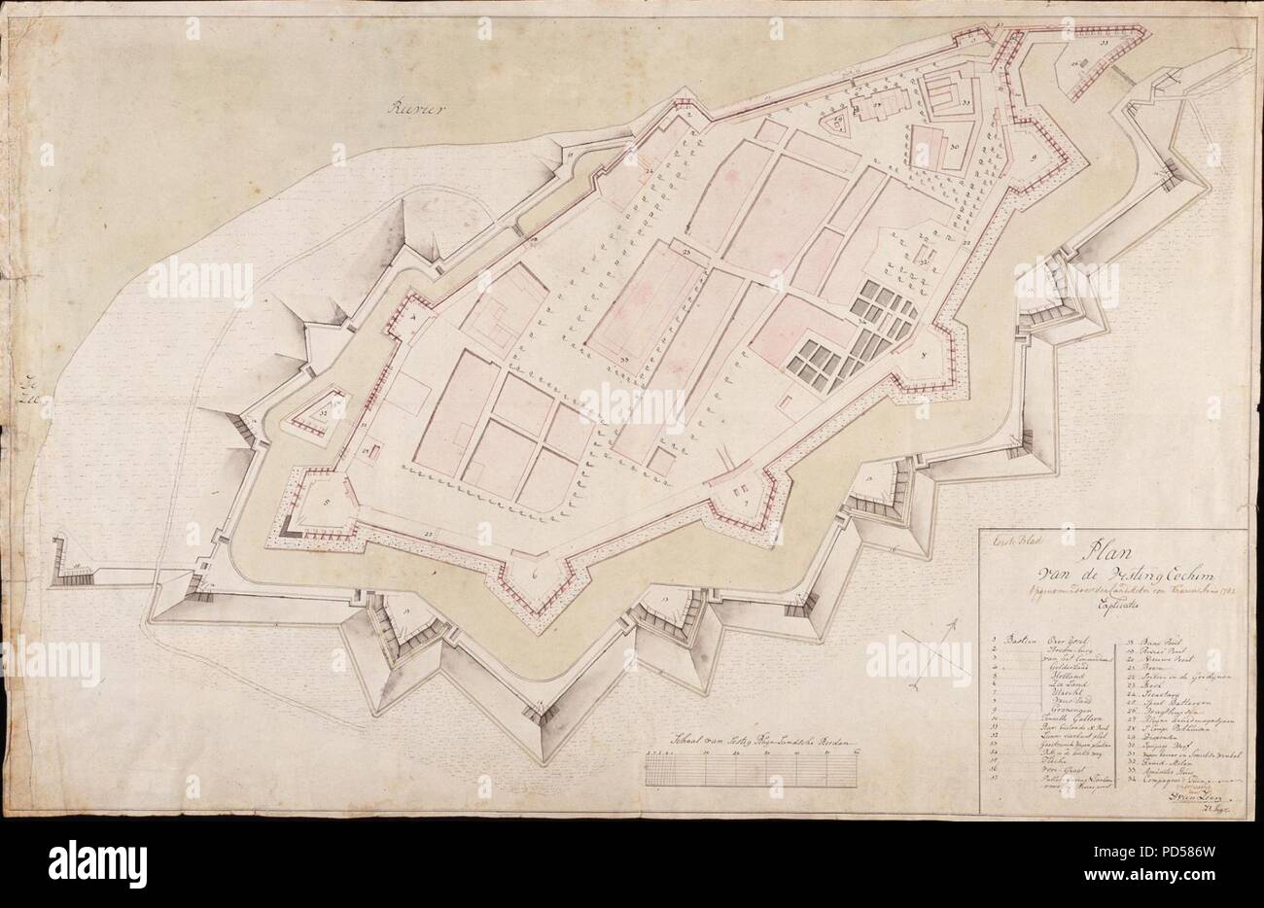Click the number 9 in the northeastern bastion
coord(1035,155)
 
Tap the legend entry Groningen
coord(1038,732)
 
